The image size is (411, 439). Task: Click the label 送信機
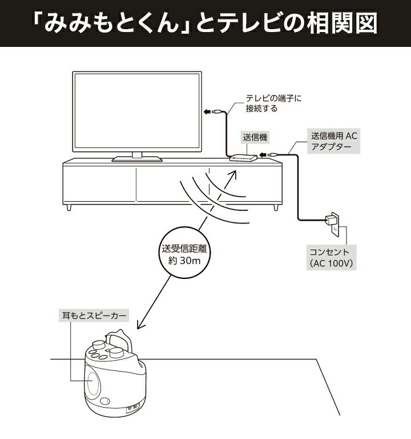click(255, 137)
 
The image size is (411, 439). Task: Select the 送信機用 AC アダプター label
click(333, 141)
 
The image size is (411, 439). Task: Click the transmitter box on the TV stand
click(243, 157)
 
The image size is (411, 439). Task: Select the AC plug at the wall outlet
click(329, 221)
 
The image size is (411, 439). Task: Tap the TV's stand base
click(137, 159)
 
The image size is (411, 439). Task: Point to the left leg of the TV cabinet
click(68, 207)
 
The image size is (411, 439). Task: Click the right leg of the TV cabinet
click(276, 207)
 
